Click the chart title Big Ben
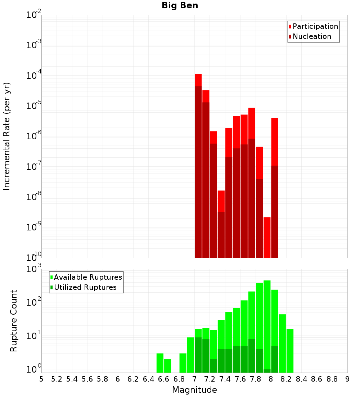(x=180, y=5)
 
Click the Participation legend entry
(x=315, y=26)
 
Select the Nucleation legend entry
(x=311, y=36)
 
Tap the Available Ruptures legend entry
(x=87, y=277)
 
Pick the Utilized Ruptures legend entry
(x=85, y=287)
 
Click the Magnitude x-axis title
(x=194, y=390)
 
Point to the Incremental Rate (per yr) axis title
(x=7, y=136)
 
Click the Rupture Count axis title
(x=14, y=321)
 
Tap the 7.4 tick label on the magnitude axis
(x=225, y=379)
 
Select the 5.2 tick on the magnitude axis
(x=57, y=379)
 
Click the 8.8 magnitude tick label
(x=332, y=379)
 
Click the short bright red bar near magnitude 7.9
(x=267, y=237)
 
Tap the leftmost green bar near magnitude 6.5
(x=160, y=363)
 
